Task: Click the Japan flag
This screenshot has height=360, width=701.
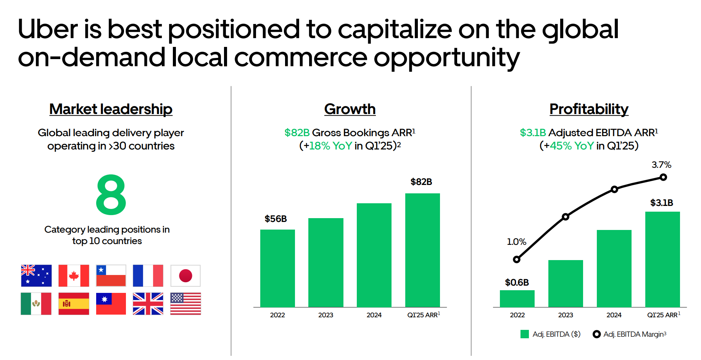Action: pos(185,276)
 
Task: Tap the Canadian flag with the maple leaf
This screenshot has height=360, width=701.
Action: pos(74,276)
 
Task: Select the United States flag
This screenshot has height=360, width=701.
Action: pos(185,304)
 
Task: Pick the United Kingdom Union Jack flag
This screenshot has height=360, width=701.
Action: pos(148,304)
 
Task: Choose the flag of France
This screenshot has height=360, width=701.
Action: pos(148,276)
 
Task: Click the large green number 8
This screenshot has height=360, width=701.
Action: pos(111,194)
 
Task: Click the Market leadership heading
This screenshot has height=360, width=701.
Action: pos(111,109)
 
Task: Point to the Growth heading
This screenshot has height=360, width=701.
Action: pos(350,109)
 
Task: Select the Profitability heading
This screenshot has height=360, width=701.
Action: pos(589,109)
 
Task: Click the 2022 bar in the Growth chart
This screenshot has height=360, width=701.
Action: pos(277,268)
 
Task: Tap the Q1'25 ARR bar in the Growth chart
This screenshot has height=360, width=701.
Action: pos(422,250)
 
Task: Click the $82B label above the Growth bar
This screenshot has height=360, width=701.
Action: pos(421,182)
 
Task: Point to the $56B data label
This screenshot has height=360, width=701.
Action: pos(276,219)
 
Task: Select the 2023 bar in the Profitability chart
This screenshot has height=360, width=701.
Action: pos(566,283)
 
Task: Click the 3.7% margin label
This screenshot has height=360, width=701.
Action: pos(661,165)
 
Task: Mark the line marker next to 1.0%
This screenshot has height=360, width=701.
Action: pos(517,260)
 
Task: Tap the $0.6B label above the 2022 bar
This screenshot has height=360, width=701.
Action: pos(517,283)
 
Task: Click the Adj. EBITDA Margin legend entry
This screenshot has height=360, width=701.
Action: pos(630,334)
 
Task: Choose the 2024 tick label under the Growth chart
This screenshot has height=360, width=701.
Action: pos(374,315)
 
